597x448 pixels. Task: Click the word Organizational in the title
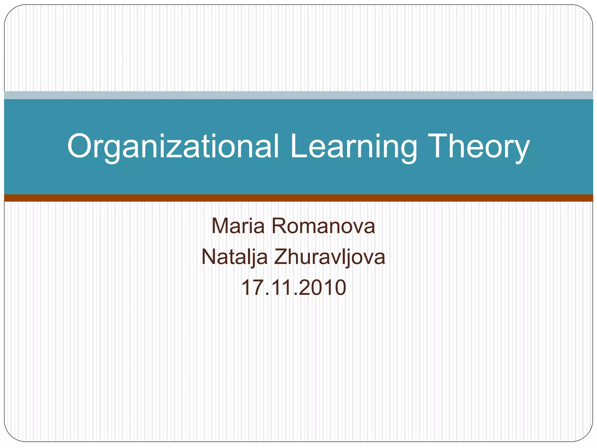[x=173, y=146]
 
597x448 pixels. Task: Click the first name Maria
[x=238, y=226]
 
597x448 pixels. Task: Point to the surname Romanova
[x=323, y=226]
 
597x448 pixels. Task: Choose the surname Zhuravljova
[x=329, y=257]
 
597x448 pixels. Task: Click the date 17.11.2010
[x=294, y=288]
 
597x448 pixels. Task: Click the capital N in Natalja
[x=209, y=257]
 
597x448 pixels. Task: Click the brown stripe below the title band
[x=298, y=198]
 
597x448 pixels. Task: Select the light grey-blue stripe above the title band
[x=298, y=95]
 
